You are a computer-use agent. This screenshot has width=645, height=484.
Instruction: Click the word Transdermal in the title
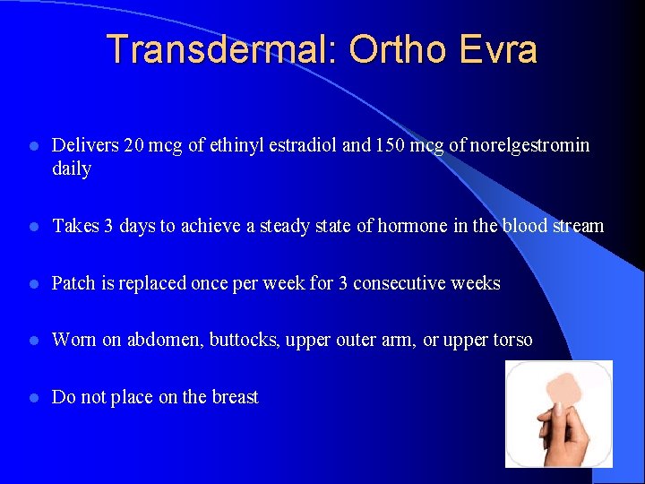216,49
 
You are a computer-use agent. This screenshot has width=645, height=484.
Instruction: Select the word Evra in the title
497,49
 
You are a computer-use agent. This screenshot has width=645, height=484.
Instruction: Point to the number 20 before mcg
131,145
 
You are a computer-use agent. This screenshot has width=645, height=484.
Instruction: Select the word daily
72,169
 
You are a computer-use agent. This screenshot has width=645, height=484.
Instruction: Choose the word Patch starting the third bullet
73,283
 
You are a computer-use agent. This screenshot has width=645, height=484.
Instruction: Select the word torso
510,340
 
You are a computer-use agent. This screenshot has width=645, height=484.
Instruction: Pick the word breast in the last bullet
233,397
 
